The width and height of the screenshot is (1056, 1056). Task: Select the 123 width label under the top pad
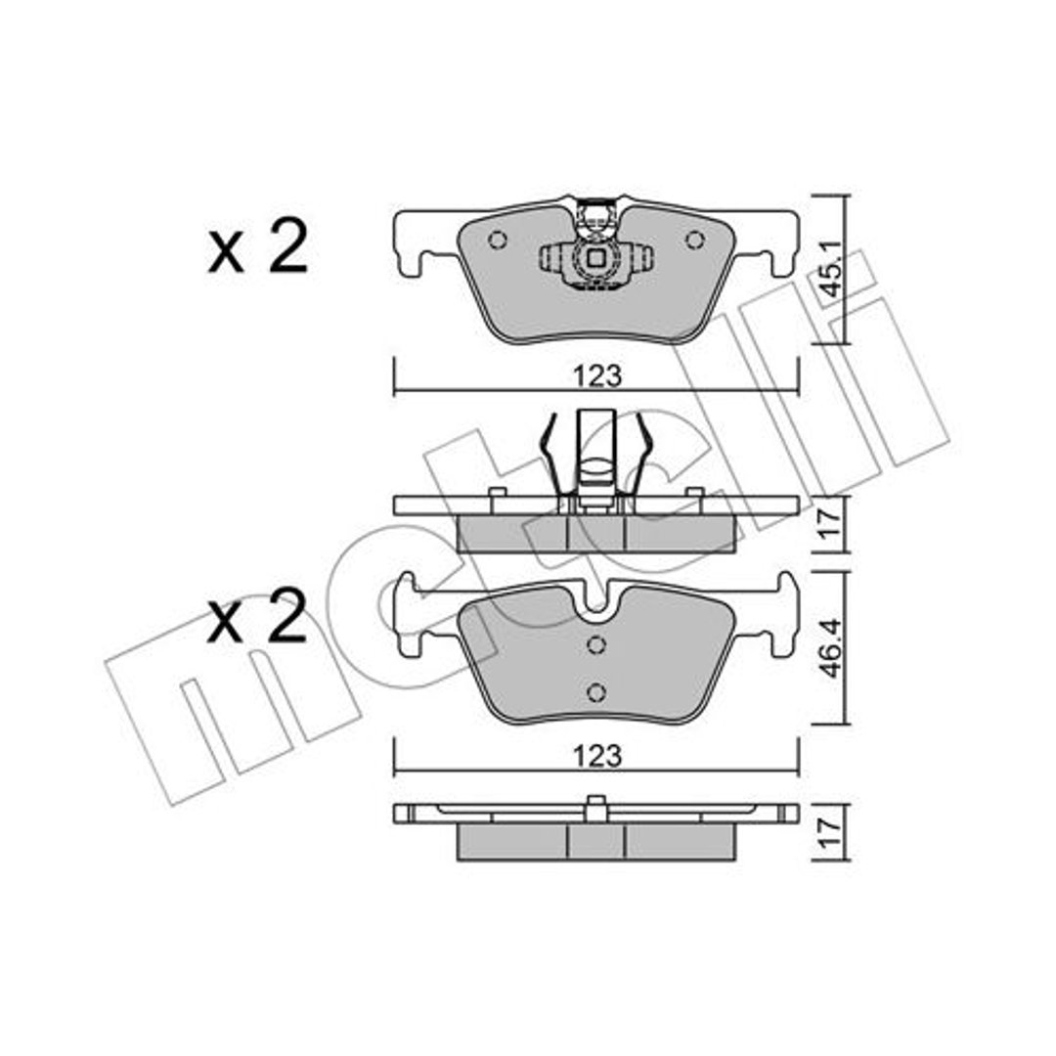coord(597,376)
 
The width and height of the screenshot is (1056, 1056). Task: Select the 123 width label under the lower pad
coord(597,756)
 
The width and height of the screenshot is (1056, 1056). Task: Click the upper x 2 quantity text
coord(258,247)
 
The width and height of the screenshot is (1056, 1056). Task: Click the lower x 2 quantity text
coord(258,616)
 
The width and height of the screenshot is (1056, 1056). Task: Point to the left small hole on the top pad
coord(497,240)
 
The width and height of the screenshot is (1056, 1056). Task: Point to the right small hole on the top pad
coord(694,240)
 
